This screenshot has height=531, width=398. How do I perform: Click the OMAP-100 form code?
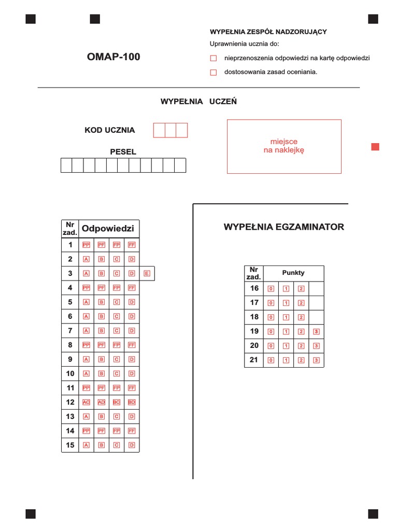click(x=113, y=57)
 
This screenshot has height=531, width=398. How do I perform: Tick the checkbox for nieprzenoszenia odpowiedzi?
click(x=213, y=59)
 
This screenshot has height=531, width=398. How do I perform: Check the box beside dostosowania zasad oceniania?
click(x=213, y=73)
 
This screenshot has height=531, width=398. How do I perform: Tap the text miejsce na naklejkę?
click(x=284, y=146)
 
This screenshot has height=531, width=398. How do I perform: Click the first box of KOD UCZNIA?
click(x=159, y=130)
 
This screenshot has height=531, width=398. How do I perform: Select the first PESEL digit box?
click(x=66, y=165)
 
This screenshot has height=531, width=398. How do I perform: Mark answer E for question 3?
click(x=147, y=273)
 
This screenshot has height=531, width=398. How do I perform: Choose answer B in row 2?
click(x=102, y=259)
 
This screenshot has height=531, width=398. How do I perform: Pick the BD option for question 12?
click(x=132, y=402)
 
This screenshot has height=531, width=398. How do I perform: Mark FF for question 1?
click(x=132, y=245)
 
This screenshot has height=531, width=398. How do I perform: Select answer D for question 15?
click(x=132, y=445)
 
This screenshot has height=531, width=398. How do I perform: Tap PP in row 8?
click(x=87, y=345)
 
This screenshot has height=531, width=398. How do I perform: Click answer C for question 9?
click(x=117, y=359)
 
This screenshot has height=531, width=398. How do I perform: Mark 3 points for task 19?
click(x=316, y=331)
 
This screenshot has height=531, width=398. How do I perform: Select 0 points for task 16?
click(x=271, y=289)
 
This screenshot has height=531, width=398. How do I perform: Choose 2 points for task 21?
click(x=301, y=360)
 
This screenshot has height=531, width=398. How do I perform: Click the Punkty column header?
click(x=293, y=273)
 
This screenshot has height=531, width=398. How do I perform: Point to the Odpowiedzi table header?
click(x=108, y=228)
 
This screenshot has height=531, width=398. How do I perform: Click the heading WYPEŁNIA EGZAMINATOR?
click(x=283, y=227)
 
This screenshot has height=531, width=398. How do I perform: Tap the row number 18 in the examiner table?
click(x=254, y=317)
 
